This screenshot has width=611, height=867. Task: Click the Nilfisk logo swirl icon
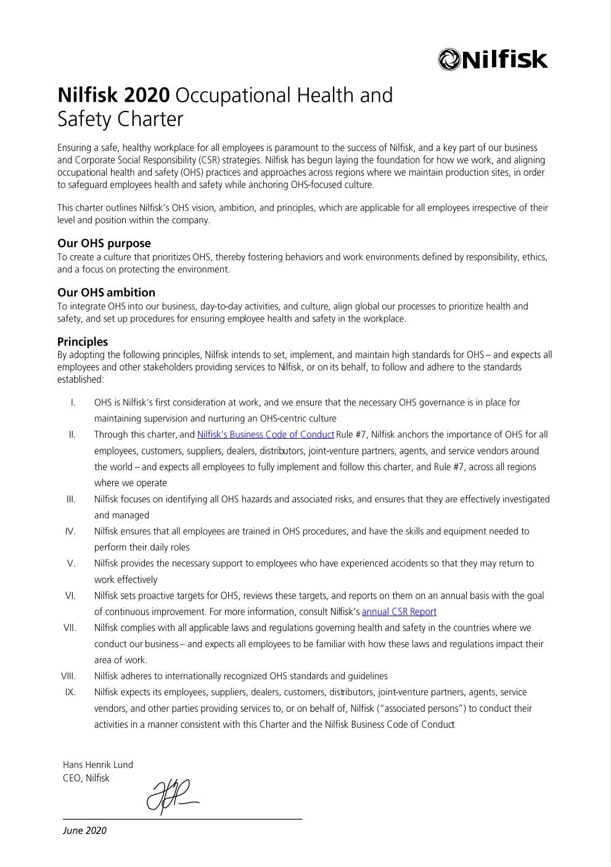pyautogui.click(x=449, y=59)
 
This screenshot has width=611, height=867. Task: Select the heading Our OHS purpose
pyautogui.click(x=104, y=243)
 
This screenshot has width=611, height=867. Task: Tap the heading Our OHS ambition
pyautogui.click(x=106, y=293)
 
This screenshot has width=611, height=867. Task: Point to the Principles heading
pyautogui.click(x=83, y=342)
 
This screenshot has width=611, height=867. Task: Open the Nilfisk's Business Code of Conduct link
pyautogui.click(x=265, y=435)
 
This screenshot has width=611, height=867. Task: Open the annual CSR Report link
pyautogui.click(x=399, y=612)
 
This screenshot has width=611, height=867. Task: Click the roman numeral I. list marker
pyautogui.click(x=73, y=403)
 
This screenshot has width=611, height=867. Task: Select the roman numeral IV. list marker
pyautogui.click(x=70, y=531)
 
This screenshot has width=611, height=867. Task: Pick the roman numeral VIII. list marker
pyautogui.click(x=68, y=676)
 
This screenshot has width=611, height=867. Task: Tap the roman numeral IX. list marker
pyautogui.click(x=70, y=692)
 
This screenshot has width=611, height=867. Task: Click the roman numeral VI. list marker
pyautogui.click(x=70, y=596)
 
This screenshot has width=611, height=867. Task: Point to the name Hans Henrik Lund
pyautogui.click(x=98, y=765)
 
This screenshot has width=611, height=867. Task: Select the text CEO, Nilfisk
pyautogui.click(x=86, y=778)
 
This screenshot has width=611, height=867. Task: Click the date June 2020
pyautogui.click(x=84, y=831)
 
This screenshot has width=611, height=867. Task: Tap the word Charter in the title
pyautogui.click(x=150, y=119)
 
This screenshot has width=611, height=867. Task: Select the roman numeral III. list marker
pyautogui.click(x=71, y=499)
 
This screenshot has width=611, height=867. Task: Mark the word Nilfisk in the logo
pyautogui.click(x=504, y=59)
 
